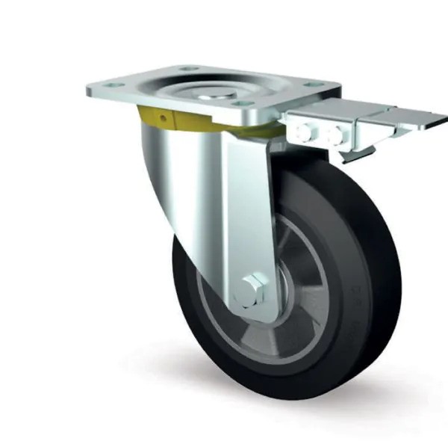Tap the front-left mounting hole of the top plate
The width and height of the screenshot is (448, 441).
[111, 85]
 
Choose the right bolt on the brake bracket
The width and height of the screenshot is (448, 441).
[335, 135]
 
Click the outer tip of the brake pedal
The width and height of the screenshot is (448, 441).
[441, 118]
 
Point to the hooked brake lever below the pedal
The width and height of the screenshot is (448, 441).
[357, 153]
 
